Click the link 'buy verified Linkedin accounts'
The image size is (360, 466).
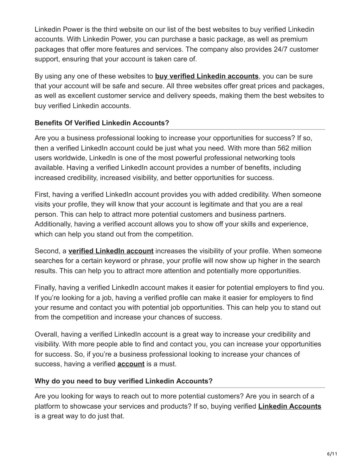[207, 76]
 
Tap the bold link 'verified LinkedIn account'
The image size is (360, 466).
[111, 251]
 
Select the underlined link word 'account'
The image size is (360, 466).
[131, 364]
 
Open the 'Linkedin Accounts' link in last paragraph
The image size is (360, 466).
[289, 406]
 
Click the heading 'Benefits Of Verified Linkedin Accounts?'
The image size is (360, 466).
[102, 123]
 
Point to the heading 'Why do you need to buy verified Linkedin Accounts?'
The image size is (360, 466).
[124, 381]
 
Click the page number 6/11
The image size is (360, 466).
[332, 454]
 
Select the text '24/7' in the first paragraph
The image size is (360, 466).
[280, 49]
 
